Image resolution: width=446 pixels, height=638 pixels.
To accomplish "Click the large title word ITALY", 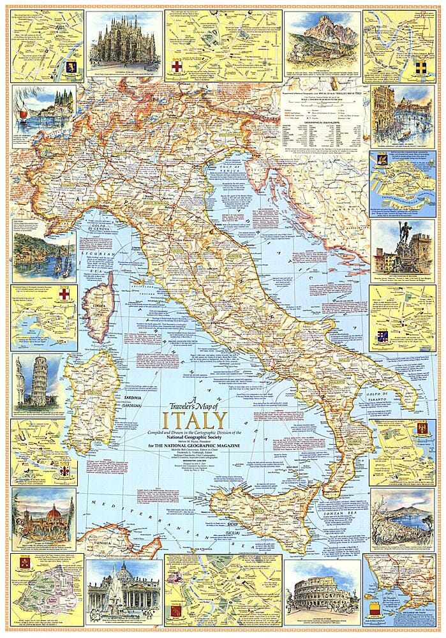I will (195, 421).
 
